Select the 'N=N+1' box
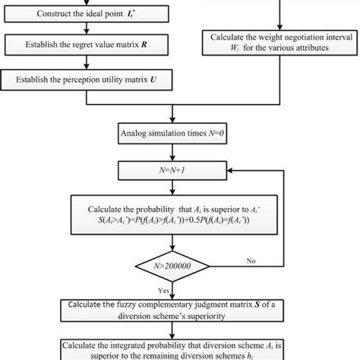(175, 171)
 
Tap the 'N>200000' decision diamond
(175, 267)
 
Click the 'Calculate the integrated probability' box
(175, 346)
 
